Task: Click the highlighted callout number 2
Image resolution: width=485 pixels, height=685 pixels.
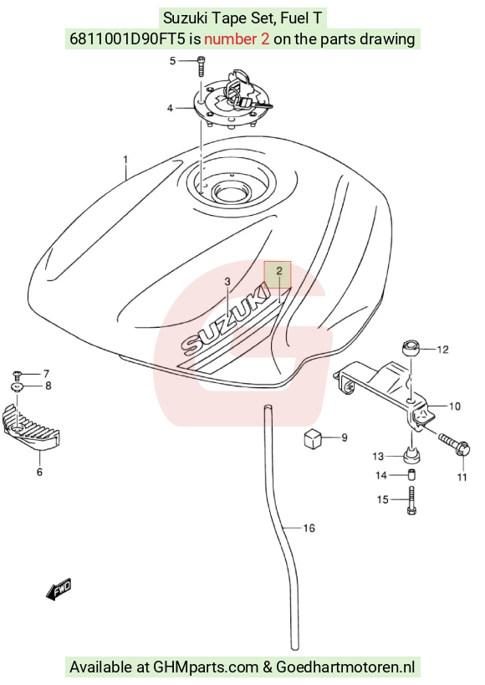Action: pos(279,271)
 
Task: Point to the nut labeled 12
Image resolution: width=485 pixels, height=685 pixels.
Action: pos(411,348)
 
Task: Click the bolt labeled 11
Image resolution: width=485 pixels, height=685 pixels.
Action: pos(454,443)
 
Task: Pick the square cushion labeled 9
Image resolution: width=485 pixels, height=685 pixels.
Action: pos(313,438)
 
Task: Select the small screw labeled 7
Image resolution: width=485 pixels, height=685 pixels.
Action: pos(17,374)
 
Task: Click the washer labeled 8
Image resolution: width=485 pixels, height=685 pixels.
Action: pos(17,386)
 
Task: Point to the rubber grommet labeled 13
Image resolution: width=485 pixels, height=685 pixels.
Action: pos(411,454)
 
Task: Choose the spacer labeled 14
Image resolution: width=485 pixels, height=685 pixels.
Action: pos(411,474)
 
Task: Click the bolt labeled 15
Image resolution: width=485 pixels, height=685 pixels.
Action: pos(412,500)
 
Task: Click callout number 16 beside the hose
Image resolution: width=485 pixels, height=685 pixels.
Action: pos(309,528)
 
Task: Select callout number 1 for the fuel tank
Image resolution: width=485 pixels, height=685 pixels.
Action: pos(125,160)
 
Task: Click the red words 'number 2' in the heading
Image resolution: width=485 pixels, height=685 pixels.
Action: pos(237,39)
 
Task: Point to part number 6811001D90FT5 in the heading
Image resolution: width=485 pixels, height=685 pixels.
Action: pos(128,39)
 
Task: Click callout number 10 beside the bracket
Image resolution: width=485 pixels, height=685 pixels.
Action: pos(455,406)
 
